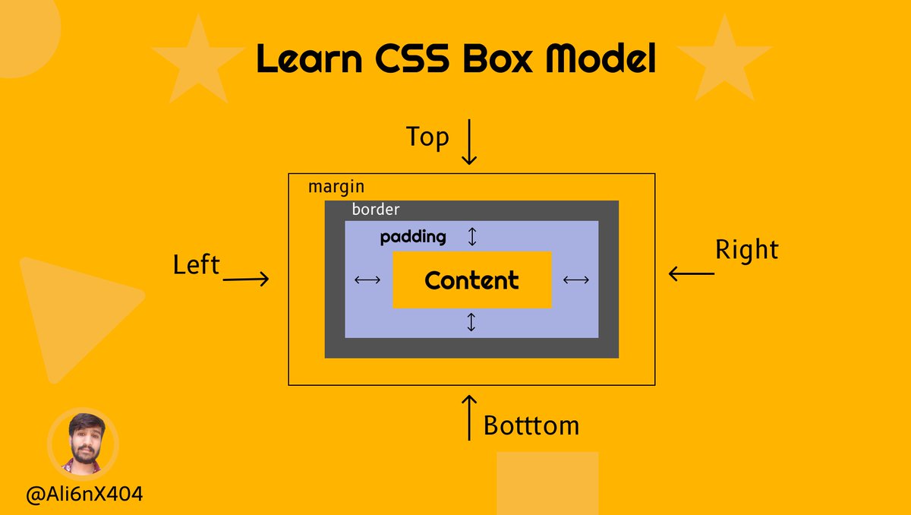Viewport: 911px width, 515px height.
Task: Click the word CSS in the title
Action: pos(412,58)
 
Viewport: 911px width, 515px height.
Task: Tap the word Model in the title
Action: pos(601,58)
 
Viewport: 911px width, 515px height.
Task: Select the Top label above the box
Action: pos(427,137)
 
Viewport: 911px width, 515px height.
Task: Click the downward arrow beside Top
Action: pos(469,142)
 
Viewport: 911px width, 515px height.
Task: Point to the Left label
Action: pos(197,265)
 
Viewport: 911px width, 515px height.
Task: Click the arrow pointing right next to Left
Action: pos(246,279)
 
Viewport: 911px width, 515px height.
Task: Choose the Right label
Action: pos(747,249)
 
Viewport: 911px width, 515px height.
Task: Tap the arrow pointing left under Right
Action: pos(692,273)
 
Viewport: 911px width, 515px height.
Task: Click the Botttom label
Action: pos(531,426)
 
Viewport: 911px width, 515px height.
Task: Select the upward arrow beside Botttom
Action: pos(469,418)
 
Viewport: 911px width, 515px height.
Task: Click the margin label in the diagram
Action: pos(336,187)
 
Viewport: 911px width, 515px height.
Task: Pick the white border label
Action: pos(376,210)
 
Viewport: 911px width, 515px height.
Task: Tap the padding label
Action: pos(413,237)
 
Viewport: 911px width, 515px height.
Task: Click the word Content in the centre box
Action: pos(471,280)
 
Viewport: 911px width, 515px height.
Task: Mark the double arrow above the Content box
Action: pos(472,237)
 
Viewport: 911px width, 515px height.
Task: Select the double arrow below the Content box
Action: pos(471,322)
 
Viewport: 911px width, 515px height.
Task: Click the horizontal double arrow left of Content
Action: pos(367,280)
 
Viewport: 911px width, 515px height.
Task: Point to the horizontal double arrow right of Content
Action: pos(576,280)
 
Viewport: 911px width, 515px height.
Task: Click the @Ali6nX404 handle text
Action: pos(84,494)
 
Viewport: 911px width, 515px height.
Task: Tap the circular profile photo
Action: pos(84,444)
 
